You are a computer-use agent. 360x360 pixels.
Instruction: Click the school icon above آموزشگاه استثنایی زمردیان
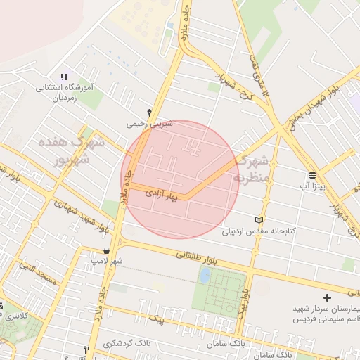[64, 77]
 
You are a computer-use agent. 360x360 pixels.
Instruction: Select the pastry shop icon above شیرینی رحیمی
[149, 112]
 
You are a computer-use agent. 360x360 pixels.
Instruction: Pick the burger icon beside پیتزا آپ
[312, 175]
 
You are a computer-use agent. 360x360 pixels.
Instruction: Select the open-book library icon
[259, 219]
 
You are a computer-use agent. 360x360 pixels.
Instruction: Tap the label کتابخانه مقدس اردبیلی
[259, 231]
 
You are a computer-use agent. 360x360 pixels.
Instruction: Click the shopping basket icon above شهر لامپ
[106, 250]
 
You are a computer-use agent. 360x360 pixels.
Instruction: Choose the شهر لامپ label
[106, 262]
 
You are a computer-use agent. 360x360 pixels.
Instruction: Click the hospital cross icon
[327, 298]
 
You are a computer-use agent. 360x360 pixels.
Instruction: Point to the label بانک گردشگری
[127, 344]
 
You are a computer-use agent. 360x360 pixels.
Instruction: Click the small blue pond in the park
[204, 276]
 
